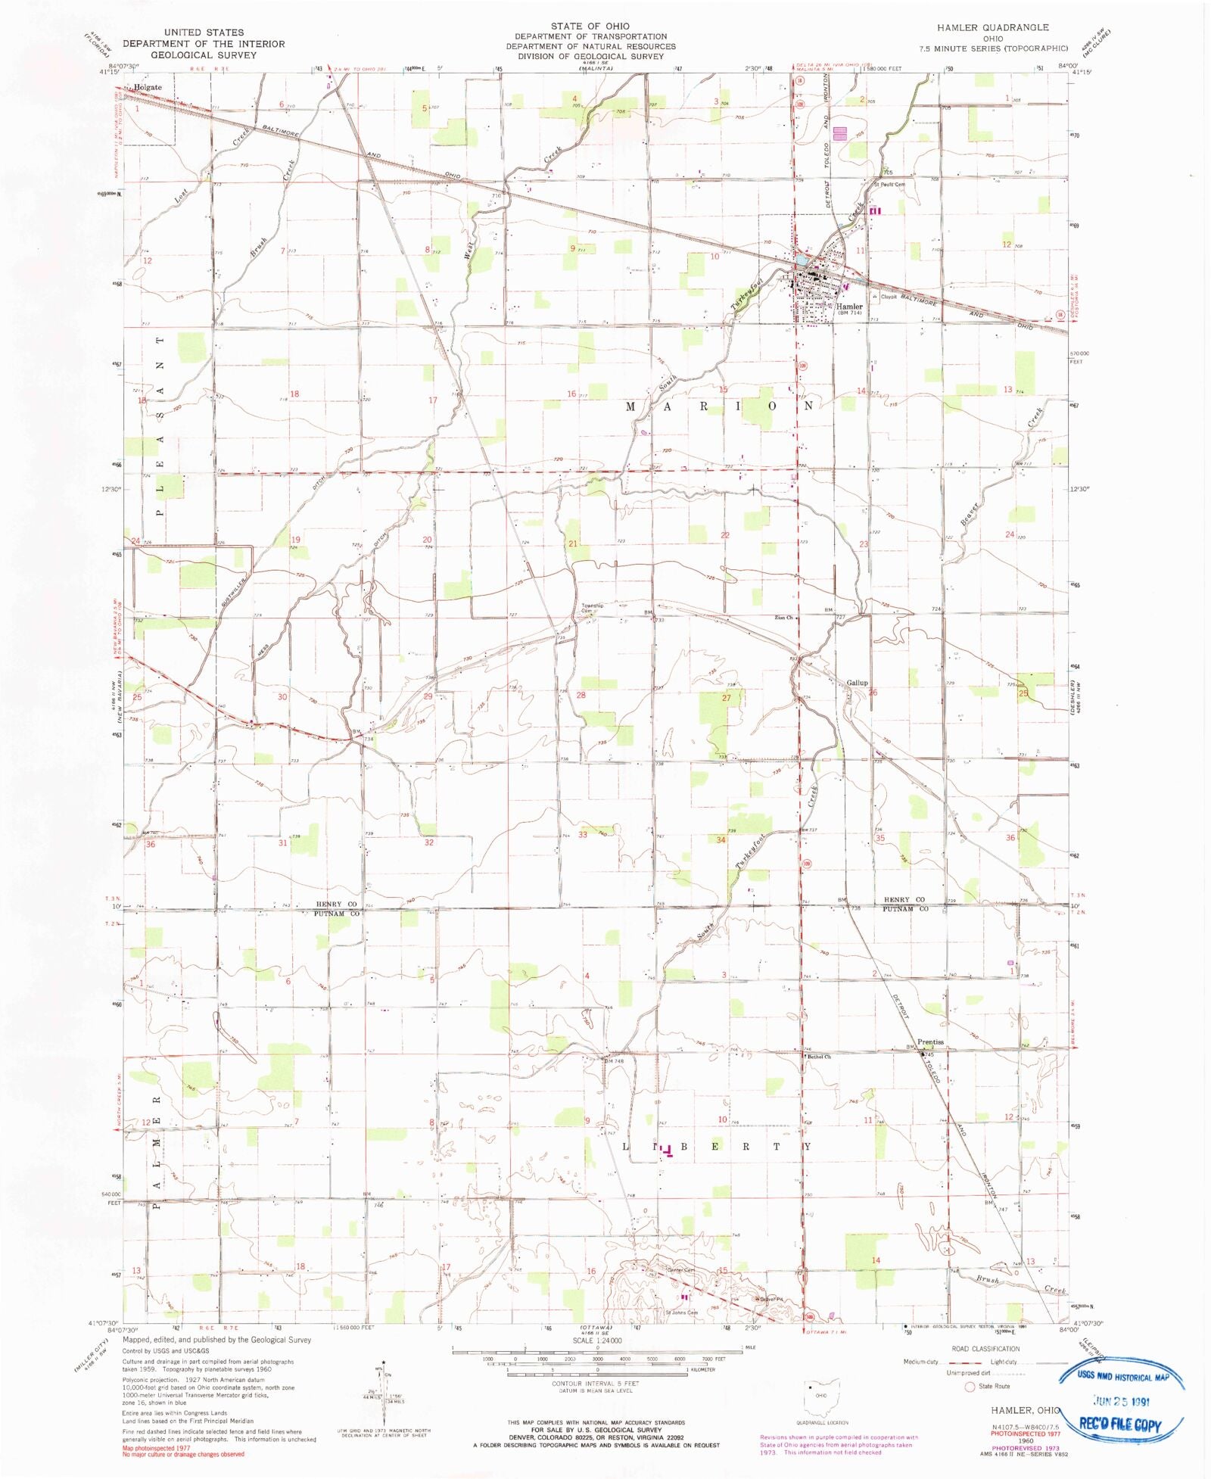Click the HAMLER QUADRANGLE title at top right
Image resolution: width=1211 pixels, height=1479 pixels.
992,27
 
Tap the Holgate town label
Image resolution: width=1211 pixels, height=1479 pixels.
148,87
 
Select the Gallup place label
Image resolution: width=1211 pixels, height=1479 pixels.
857,683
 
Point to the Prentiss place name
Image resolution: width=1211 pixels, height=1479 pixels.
930,1042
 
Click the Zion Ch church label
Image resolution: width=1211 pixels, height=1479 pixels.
783,618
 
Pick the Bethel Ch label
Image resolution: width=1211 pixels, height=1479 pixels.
819,1057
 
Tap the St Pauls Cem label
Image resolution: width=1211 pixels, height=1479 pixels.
889,184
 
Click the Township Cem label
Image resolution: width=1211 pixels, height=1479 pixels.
592,608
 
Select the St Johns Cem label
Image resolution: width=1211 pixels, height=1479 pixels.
681,1313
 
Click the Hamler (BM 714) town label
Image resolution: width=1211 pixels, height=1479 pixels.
849,309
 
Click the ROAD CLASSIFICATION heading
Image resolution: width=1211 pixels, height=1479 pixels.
985,1349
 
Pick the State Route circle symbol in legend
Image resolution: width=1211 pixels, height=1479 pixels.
969,1387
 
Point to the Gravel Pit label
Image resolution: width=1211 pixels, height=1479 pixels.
770,1299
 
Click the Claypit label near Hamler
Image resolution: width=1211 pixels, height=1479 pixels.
889,297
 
